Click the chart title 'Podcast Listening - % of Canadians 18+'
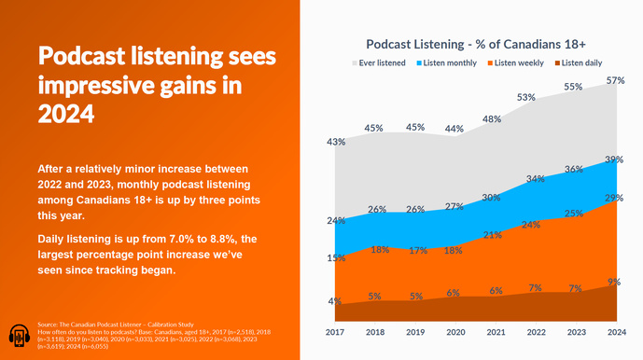coord(482,44)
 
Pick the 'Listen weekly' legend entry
coord(517,62)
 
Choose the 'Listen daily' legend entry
coord(578,62)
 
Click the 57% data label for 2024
coord(615,81)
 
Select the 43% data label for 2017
coord(336,142)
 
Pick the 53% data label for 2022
coord(525,97)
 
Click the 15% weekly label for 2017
coord(336,257)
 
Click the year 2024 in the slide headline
coord(64,113)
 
